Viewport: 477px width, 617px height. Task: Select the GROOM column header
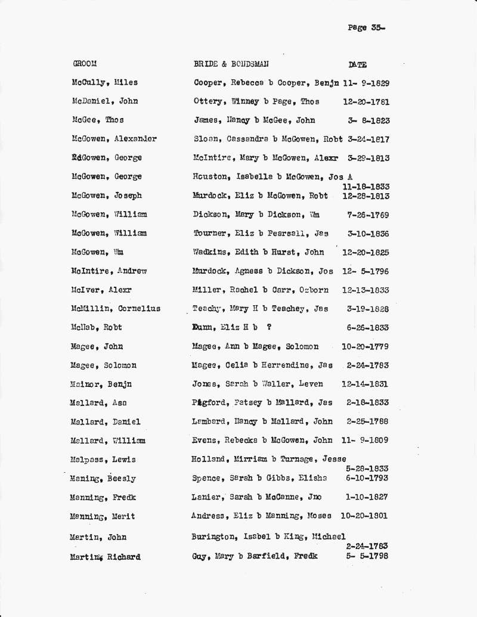point(85,64)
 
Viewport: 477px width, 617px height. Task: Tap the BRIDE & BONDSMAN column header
point(231,64)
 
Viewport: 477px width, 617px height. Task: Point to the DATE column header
point(358,64)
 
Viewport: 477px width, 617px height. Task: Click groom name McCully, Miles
point(104,83)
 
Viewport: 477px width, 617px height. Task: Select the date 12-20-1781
point(366,102)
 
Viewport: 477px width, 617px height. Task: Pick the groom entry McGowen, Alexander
point(114,139)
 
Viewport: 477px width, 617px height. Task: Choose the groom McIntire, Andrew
point(109,271)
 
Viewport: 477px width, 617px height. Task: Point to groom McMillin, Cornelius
point(115,309)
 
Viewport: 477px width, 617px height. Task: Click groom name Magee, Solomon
point(104,365)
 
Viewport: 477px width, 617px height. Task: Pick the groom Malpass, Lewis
point(103,460)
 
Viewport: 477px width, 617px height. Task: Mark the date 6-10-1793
point(367,479)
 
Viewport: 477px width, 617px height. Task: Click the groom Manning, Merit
point(103,516)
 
